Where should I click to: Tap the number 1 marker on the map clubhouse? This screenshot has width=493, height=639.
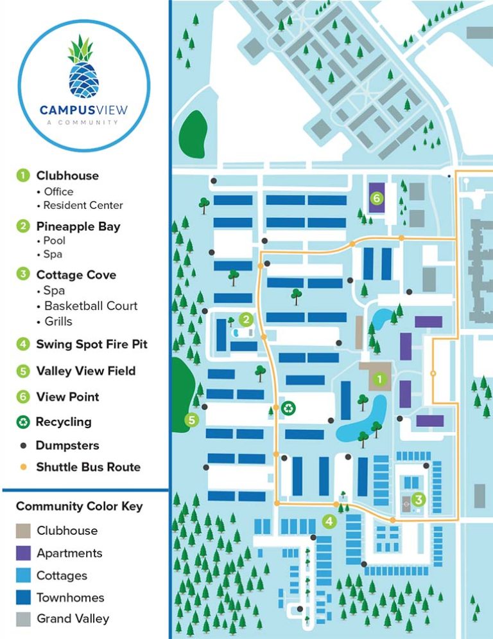[x=379, y=379]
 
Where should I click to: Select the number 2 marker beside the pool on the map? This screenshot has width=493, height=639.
[x=245, y=319]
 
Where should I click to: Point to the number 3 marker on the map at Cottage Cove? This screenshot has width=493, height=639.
[x=418, y=498]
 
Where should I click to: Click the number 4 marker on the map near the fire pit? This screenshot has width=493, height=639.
[x=329, y=521]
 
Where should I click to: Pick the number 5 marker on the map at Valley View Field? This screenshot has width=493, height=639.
[x=191, y=420]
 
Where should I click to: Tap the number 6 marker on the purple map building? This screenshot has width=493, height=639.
[x=377, y=199]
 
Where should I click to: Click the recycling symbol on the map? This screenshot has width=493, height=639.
[x=290, y=407]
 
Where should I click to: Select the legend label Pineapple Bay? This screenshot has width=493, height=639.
[x=78, y=226]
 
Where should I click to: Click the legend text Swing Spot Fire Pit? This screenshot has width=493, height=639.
[x=92, y=344]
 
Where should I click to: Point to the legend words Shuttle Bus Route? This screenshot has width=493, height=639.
[x=88, y=467]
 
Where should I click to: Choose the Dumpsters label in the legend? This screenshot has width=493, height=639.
[x=67, y=445]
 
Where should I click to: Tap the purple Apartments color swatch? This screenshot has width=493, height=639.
[x=24, y=553]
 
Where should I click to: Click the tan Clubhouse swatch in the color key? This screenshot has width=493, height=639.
[x=24, y=530]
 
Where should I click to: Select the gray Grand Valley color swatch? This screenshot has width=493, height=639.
[x=24, y=619]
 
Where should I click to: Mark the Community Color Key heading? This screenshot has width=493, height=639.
[x=79, y=506]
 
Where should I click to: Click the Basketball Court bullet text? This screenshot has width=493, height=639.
[x=91, y=306]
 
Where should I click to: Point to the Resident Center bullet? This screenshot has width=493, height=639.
[x=83, y=205]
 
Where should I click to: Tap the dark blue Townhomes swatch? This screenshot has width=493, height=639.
[x=24, y=597]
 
